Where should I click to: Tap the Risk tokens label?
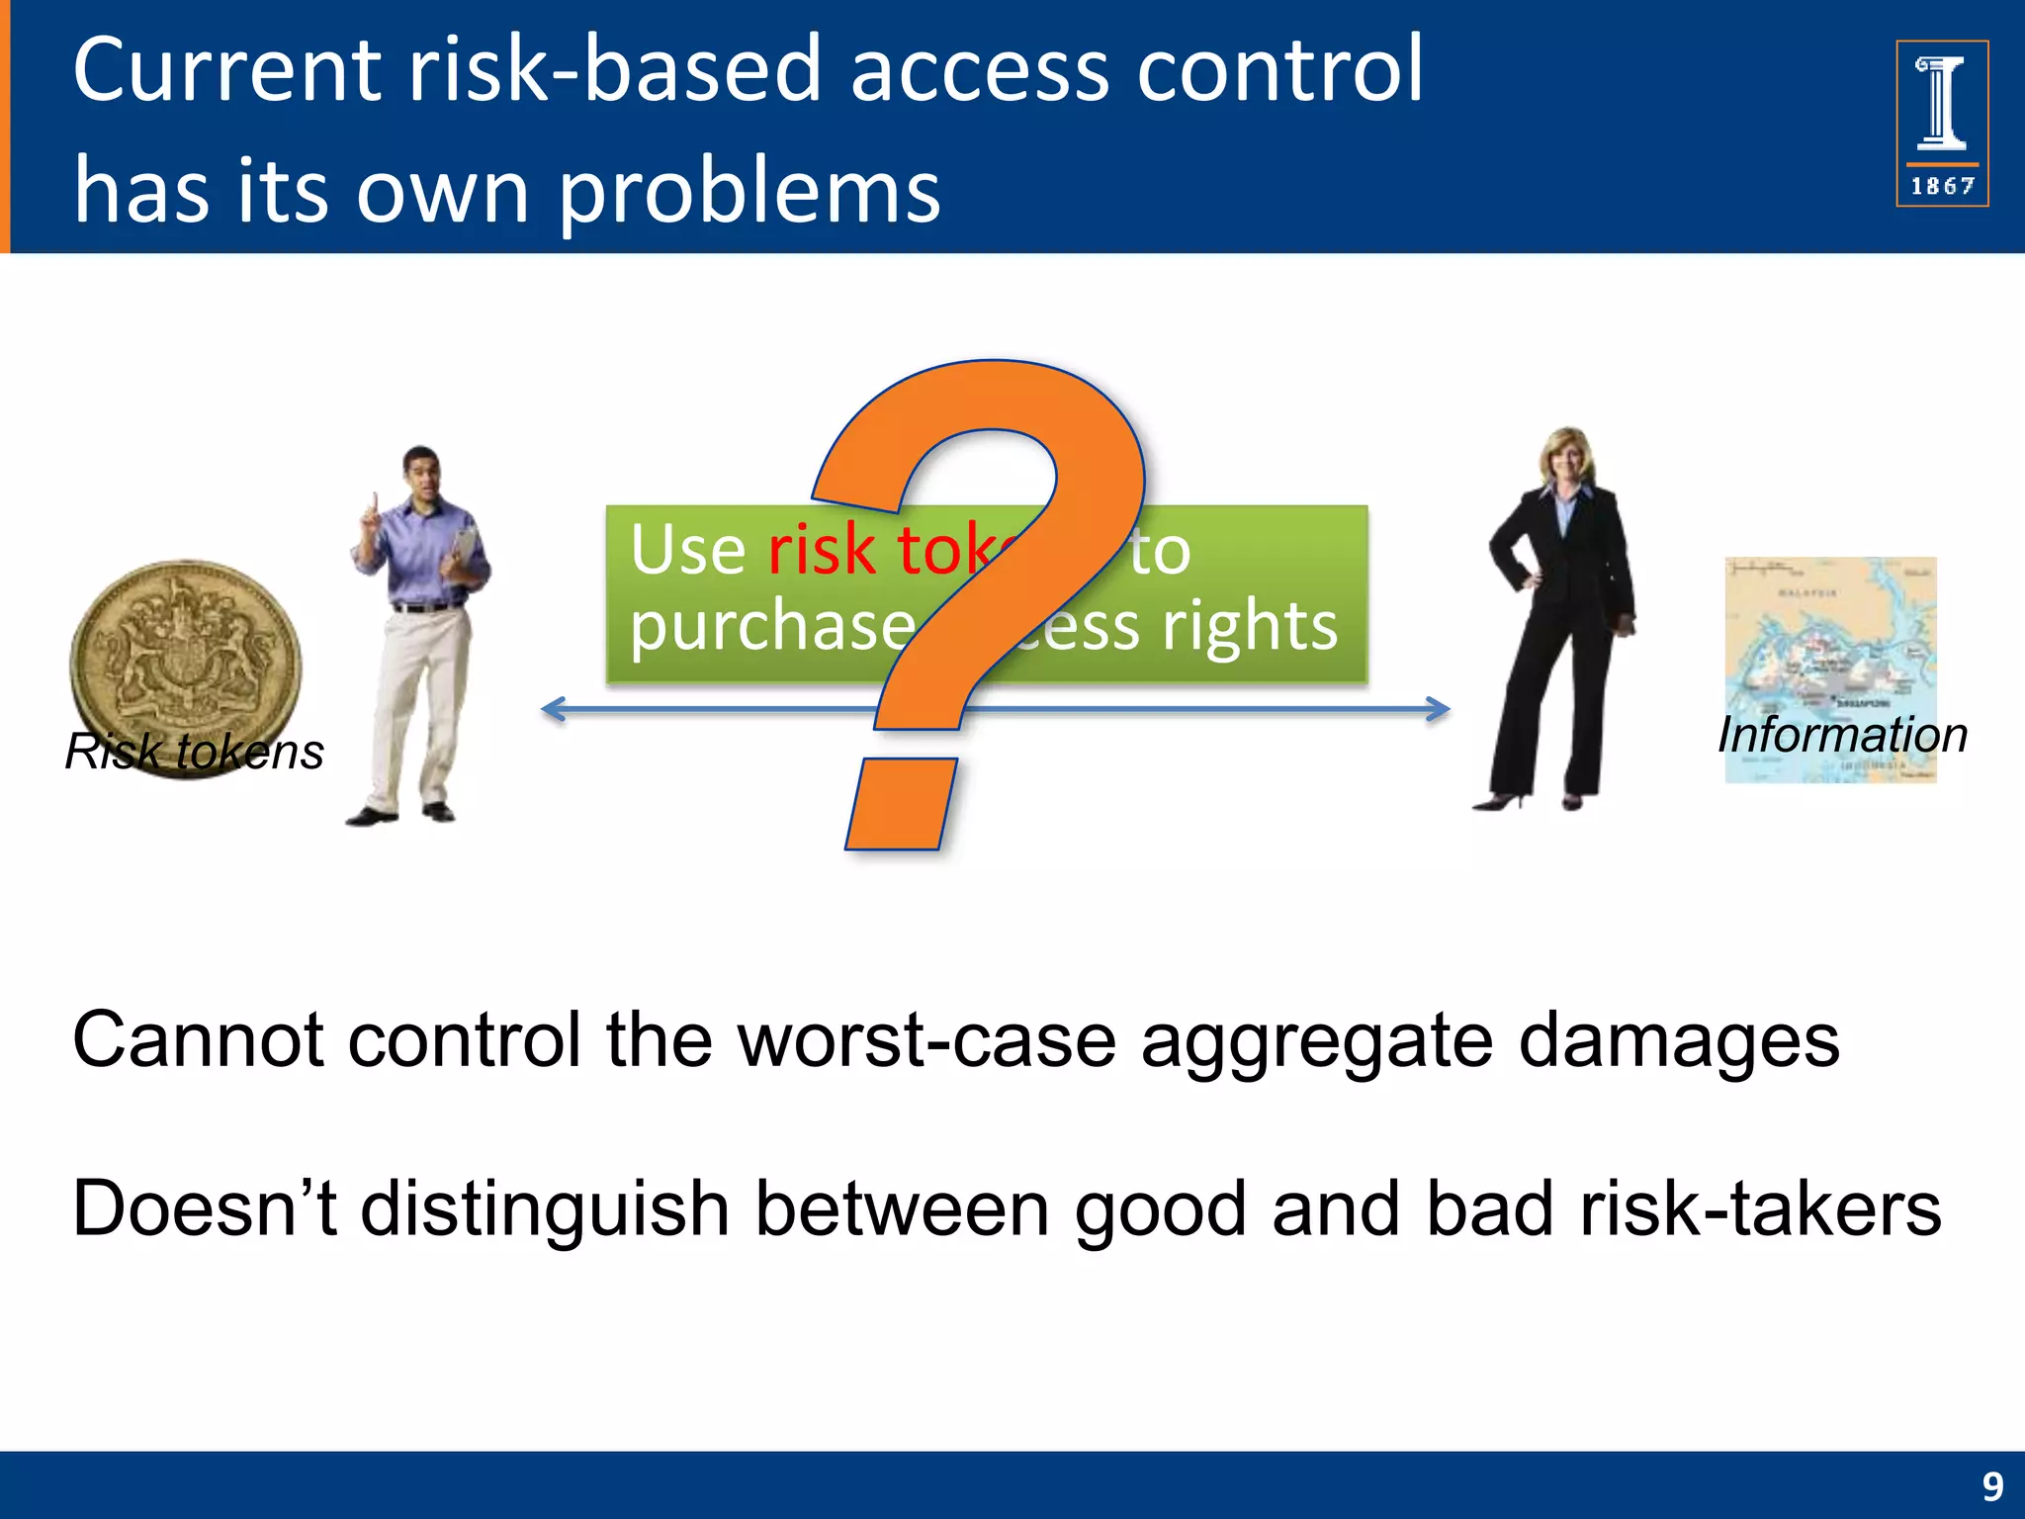point(195,752)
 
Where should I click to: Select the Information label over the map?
point(1842,735)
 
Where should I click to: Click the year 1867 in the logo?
point(1942,186)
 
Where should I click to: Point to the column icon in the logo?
point(1942,103)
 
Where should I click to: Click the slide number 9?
point(1992,1486)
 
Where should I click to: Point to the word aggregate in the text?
point(1316,1040)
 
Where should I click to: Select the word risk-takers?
point(1760,1208)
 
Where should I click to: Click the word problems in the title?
point(748,193)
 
